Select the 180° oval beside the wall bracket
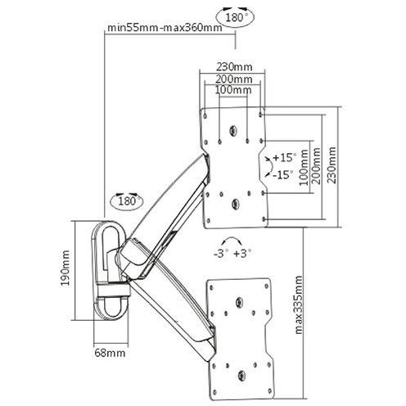[124, 200]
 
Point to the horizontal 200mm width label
[234, 78]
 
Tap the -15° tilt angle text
[282, 175]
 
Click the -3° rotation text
[219, 254]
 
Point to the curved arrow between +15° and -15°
[268, 166]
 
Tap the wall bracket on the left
[105, 270]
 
